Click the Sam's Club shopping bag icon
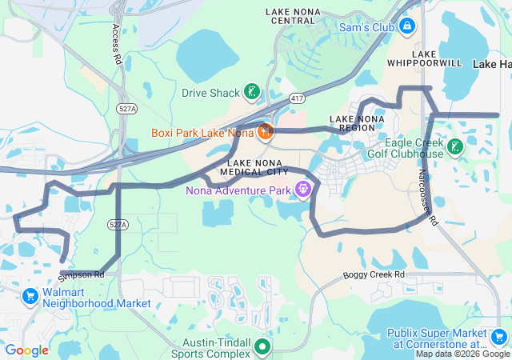pyautogui.click(x=407, y=27)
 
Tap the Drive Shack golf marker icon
pyautogui.click(x=252, y=93)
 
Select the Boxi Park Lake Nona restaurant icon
pyautogui.click(x=265, y=131)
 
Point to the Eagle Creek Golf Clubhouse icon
pyautogui.click(x=454, y=146)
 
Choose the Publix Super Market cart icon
pyautogui.click(x=498, y=337)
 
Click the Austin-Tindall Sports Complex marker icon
pyautogui.click(x=262, y=347)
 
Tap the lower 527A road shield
pyautogui.click(x=116, y=226)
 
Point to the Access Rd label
pyautogui.click(x=116, y=45)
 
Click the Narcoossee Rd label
pyautogui.click(x=427, y=197)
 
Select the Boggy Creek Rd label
pyautogui.click(x=374, y=275)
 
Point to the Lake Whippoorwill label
pyautogui.click(x=436, y=57)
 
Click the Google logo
pyautogui.click(x=26, y=350)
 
